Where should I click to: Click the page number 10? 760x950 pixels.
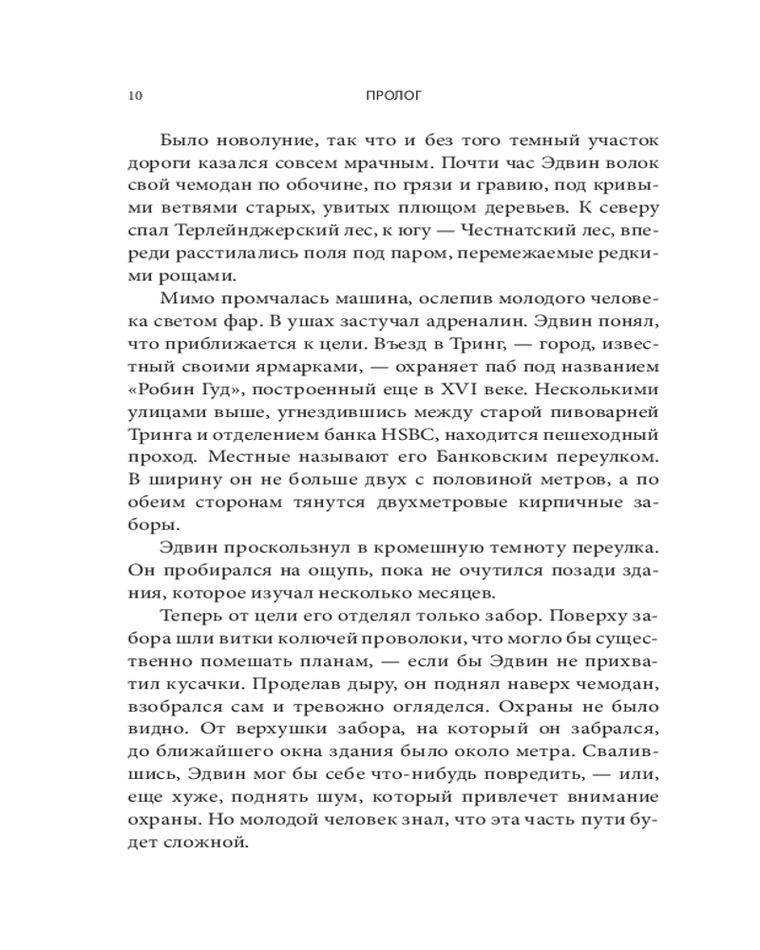[133, 96]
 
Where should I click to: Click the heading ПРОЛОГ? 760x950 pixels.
[392, 96]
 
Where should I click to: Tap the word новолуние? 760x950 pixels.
[251, 141]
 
